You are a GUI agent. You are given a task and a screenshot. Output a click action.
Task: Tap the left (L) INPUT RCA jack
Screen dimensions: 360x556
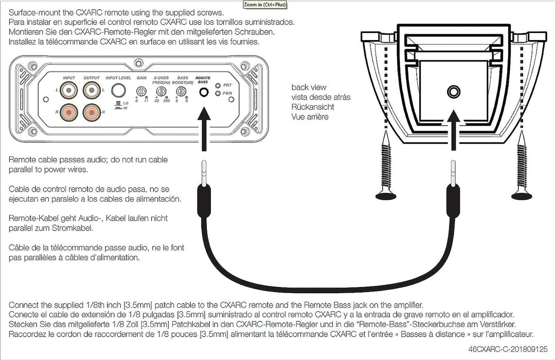(69, 92)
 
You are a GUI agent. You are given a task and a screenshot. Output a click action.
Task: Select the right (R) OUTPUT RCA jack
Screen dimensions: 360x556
(92, 111)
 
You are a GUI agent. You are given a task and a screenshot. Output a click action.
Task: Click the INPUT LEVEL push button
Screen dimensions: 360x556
(119, 91)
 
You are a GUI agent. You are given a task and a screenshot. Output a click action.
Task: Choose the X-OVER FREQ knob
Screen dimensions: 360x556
(161, 91)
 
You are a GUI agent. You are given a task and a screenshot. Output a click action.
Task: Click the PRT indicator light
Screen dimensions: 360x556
(219, 86)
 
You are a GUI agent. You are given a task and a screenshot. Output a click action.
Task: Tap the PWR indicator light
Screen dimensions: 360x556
(219, 94)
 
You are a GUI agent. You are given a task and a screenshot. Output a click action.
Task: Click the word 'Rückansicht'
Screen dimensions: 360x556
(313, 107)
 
